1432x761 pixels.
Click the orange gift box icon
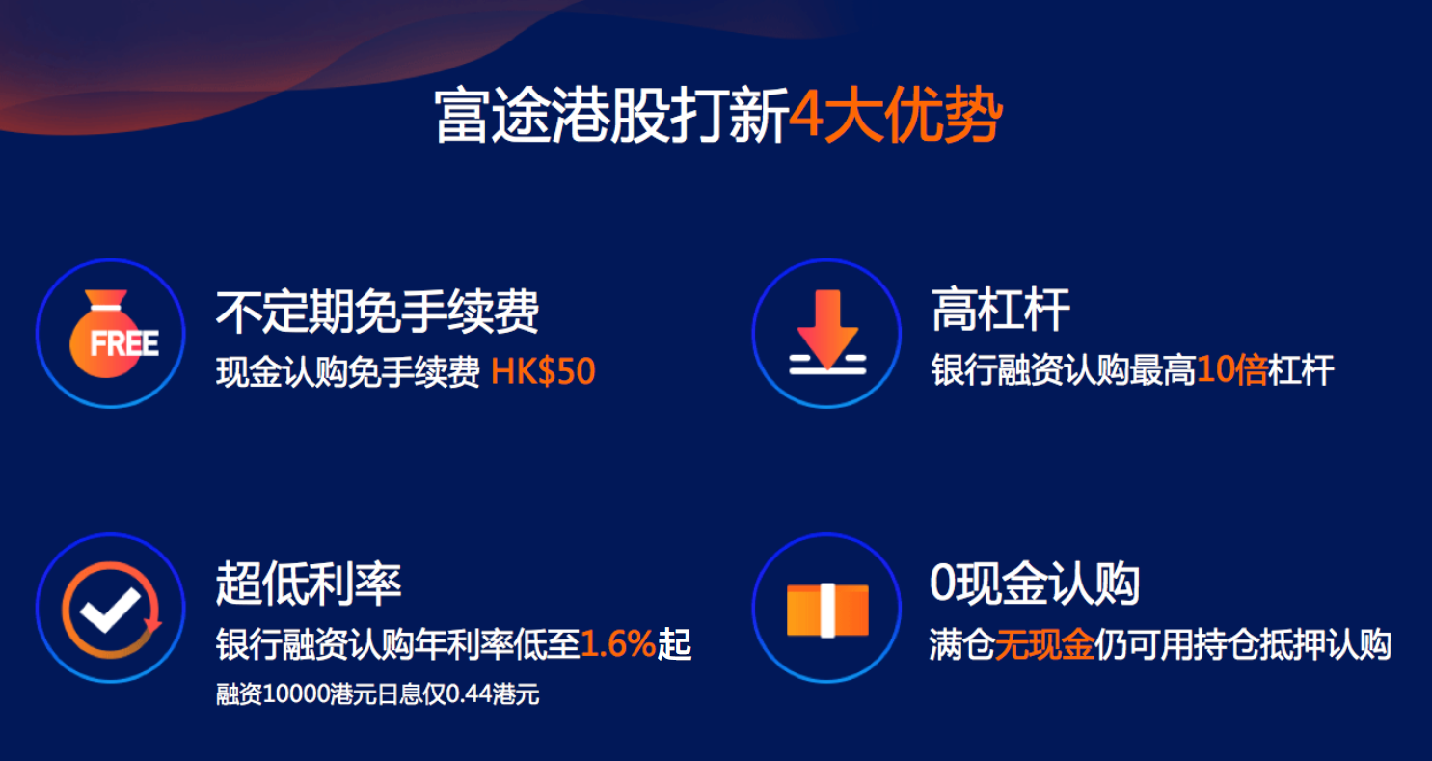pos(826,610)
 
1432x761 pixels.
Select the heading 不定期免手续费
pos(376,312)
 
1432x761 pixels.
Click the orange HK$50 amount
pos(543,372)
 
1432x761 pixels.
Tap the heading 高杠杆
pos(1000,312)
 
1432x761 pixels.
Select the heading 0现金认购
pos(1035,584)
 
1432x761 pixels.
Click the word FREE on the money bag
pos(123,343)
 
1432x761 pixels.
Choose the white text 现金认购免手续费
pos(347,372)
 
